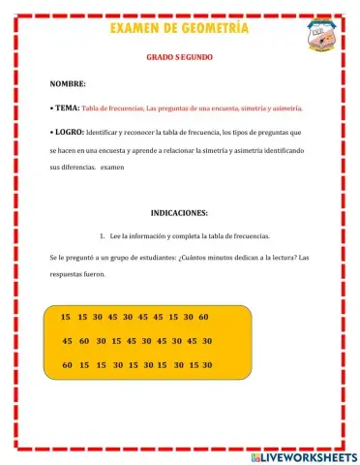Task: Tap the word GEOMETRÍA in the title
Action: [x=214, y=29]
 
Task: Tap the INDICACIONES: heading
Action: [x=179, y=213]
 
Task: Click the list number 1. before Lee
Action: [x=103, y=235]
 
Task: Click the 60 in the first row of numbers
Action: [x=203, y=317]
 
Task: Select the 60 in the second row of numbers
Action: [x=85, y=341]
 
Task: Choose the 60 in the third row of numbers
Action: [x=67, y=365]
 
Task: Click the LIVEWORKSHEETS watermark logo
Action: [x=303, y=456]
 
